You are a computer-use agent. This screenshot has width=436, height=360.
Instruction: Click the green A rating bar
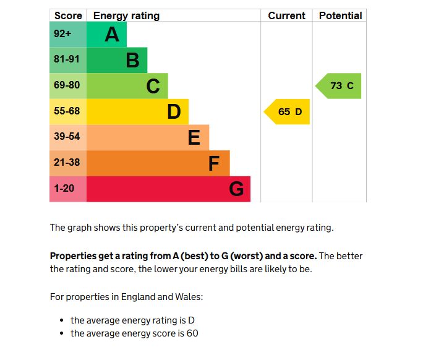(x=106, y=35)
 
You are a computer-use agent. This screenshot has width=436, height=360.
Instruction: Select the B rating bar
(x=117, y=60)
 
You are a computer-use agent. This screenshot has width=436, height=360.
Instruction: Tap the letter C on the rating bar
(x=153, y=87)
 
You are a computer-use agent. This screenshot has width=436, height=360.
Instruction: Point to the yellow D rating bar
(x=137, y=112)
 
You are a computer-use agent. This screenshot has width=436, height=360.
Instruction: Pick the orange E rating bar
(x=147, y=137)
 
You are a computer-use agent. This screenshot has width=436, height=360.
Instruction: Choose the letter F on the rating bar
(x=214, y=164)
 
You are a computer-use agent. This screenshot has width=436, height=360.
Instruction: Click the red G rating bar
(x=168, y=189)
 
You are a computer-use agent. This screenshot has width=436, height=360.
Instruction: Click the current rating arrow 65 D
(x=288, y=112)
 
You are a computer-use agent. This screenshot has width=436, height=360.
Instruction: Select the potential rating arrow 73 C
(x=340, y=86)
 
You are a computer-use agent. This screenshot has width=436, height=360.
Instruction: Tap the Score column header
(x=68, y=15)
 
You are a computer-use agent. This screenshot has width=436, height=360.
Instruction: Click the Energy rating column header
(x=126, y=15)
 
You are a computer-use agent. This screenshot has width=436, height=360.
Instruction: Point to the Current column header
(x=286, y=15)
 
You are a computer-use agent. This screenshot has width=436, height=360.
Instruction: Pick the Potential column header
(x=340, y=15)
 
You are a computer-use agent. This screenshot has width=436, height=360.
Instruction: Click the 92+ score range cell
(x=67, y=35)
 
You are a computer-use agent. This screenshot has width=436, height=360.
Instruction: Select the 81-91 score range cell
(x=67, y=60)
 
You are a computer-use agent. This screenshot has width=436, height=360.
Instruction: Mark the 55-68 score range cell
(x=67, y=111)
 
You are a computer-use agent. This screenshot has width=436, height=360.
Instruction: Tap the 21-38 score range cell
(x=67, y=163)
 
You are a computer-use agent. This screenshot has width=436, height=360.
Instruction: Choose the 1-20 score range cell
(x=67, y=189)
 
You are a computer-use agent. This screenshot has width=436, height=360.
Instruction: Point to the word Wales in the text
(x=187, y=297)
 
